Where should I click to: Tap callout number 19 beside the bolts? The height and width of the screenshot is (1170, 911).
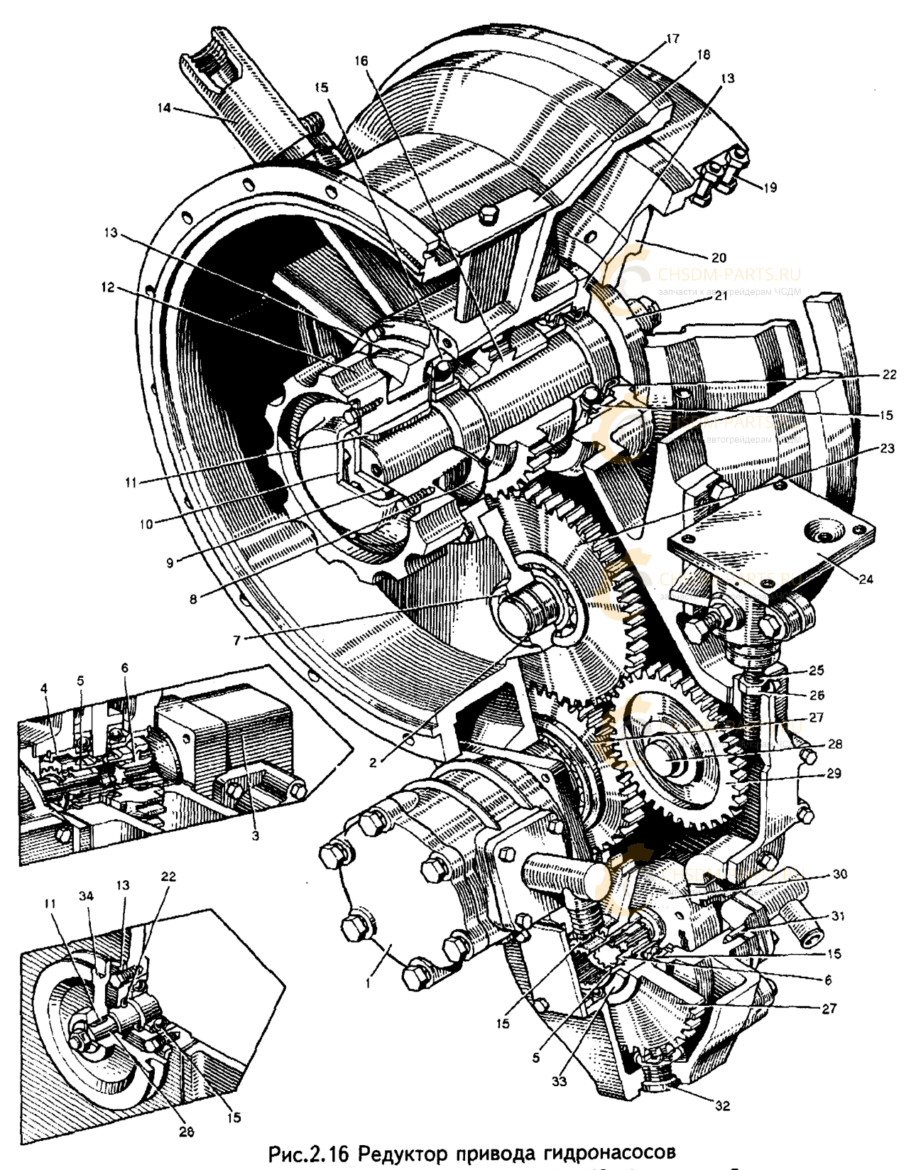[770, 188]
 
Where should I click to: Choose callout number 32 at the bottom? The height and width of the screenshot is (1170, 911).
[722, 1105]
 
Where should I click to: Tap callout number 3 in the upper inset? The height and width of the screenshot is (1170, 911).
[254, 835]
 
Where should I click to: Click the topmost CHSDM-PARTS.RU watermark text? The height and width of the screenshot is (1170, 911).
[729, 273]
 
